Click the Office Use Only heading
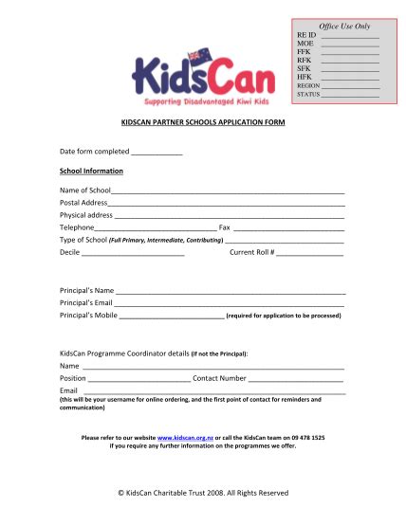tap(344, 26)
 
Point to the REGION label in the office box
tap(307, 85)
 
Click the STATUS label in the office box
tap(307, 95)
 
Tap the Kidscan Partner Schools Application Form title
tap(203, 123)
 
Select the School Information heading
tap(91, 171)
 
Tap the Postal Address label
tap(83, 203)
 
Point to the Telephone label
tap(77, 227)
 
